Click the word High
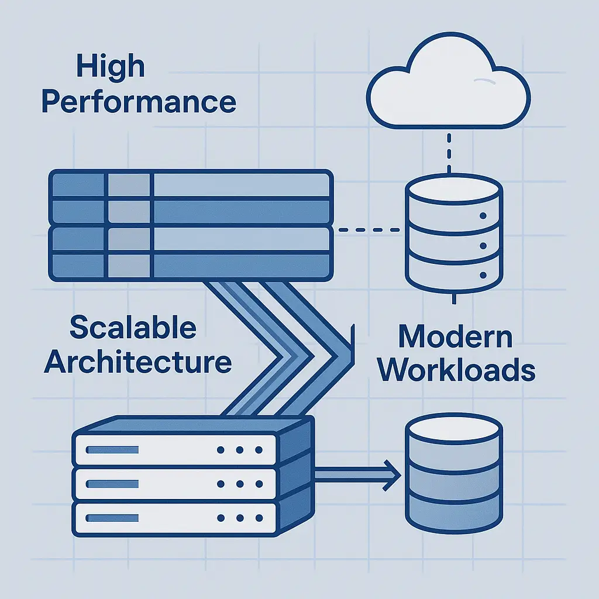[109, 67]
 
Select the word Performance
[139, 101]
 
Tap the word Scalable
[133, 328]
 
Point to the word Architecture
[138, 362]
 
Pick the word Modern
[455, 337]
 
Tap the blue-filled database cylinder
[453, 468]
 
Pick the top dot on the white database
[483, 216]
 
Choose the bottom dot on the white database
[483, 274]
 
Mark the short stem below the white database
[454, 298]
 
